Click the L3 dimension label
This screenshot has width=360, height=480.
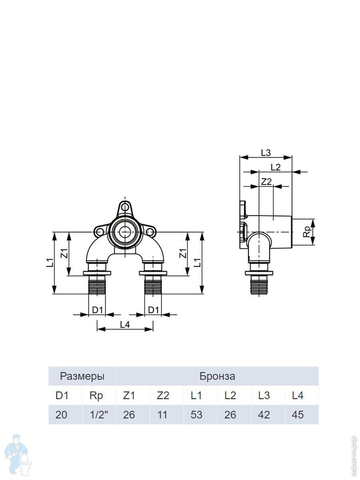coord(266,153)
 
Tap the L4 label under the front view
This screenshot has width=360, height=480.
coord(125,325)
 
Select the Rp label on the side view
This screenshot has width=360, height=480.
coord(308,232)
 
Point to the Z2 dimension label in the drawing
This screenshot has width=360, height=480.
coord(266,182)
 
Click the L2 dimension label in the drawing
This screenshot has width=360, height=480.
coord(276,167)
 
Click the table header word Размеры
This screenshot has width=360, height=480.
coord(82,376)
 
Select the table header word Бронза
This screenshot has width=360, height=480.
coord(217,376)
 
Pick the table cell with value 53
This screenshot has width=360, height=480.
coord(196,415)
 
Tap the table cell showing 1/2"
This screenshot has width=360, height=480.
coord(99,415)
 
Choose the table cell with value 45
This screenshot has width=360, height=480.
coord(298,415)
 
